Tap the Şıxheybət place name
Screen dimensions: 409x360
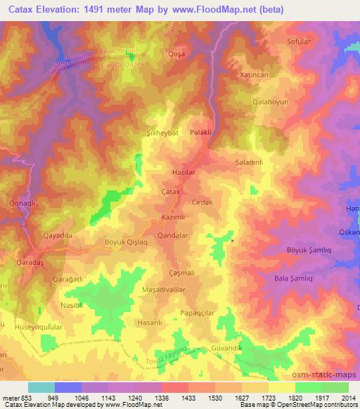[162, 132]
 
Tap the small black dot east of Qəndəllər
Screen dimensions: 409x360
[232, 241]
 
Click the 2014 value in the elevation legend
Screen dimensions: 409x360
[347, 398]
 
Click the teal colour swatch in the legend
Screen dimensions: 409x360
[41, 387]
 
